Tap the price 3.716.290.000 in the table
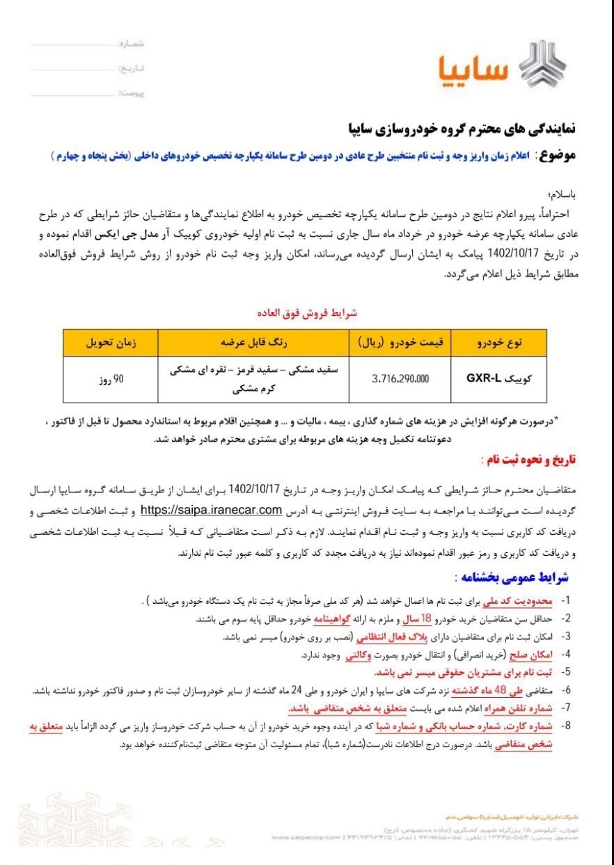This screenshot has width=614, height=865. point(400,379)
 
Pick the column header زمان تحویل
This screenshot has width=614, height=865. point(111,343)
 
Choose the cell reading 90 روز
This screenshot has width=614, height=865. point(110,380)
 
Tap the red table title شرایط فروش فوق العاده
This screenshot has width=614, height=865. point(308,313)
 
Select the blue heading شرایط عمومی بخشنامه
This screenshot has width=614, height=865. point(517,577)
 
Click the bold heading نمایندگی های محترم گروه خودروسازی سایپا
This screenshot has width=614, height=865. point(463,130)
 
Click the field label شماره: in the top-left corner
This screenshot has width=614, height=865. point(132,44)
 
